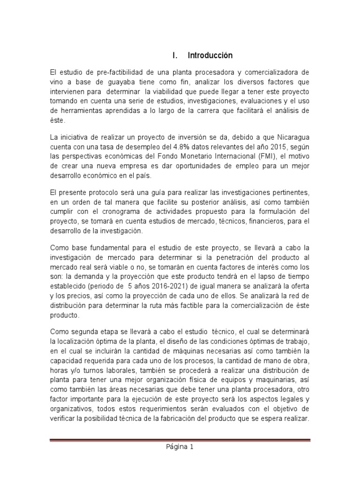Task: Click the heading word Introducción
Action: (x=210, y=55)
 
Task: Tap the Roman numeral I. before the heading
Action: (x=175, y=55)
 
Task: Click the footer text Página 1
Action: (x=180, y=447)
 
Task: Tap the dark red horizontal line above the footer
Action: (x=180, y=439)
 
